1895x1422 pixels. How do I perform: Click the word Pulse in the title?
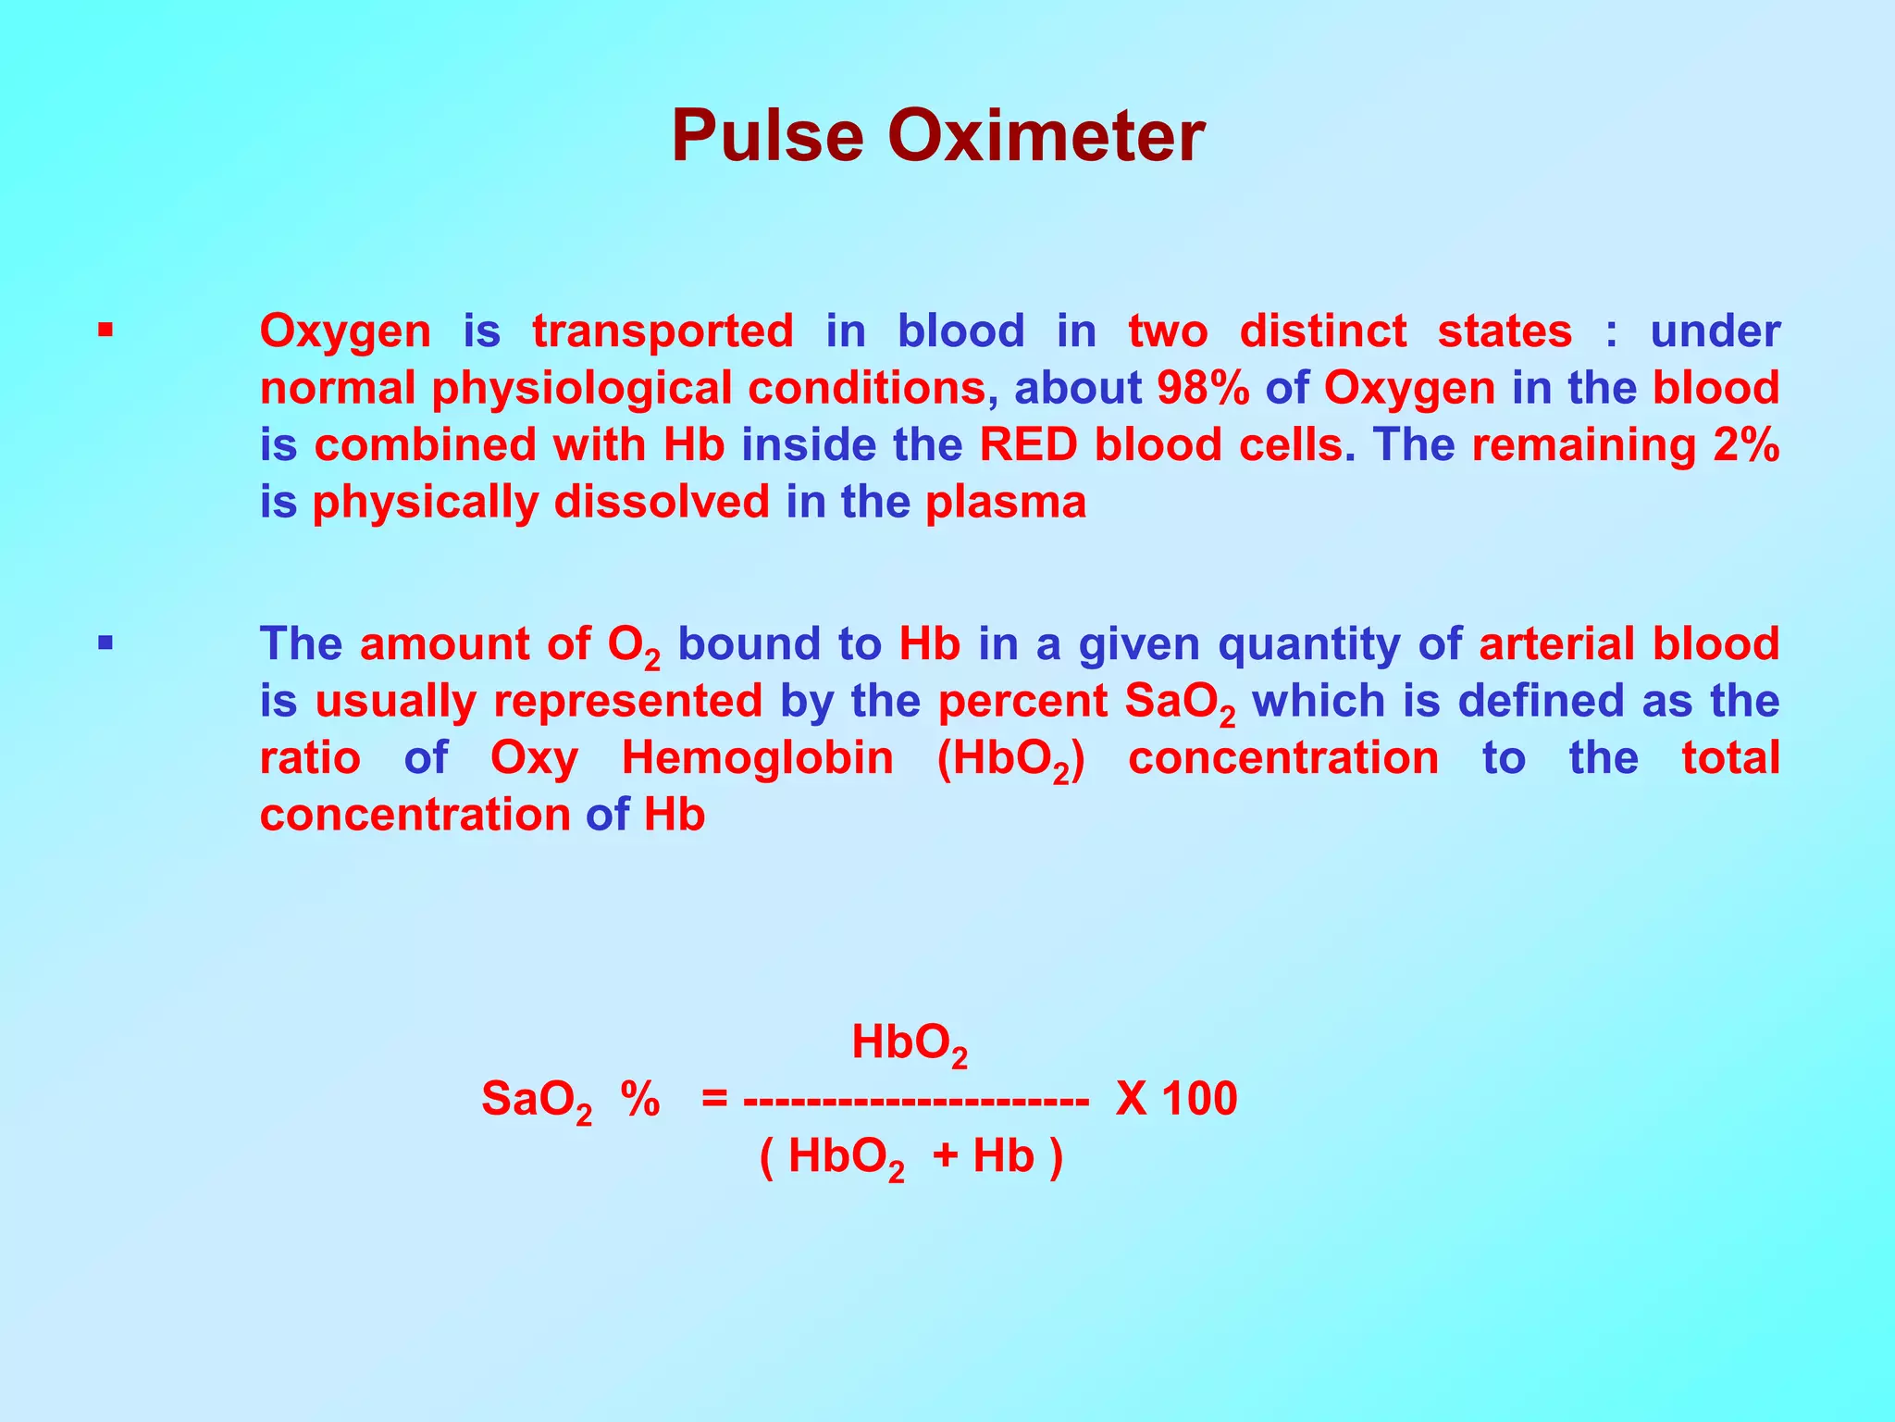(x=769, y=136)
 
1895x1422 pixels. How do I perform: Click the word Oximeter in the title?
(x=1046, y=136)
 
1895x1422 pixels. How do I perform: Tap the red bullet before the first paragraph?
(x=105, y=329)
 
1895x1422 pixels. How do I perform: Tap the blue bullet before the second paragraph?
(x=105, y=642)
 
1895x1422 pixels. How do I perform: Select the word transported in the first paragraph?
(x=663, y=331)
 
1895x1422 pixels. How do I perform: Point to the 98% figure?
(x=1203, y=388)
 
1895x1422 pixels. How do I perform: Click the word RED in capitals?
(x=1028, y=445)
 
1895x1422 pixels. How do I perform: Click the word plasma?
(x=1006, y=503)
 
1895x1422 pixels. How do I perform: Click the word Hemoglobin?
(x=757, y=758)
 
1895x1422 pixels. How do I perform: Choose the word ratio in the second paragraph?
(x=310, y=758)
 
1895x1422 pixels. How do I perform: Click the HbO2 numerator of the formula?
(x=909, y=1044)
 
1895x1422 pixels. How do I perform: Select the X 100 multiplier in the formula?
(x=1176, y=1100)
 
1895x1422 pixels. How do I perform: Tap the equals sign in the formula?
(x=714, y=1100)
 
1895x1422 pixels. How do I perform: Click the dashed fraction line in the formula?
(x=915, y=1102)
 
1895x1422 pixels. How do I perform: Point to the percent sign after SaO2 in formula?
(x=640, y=1100)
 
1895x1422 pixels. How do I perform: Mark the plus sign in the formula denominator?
(x=946, y=1157)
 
